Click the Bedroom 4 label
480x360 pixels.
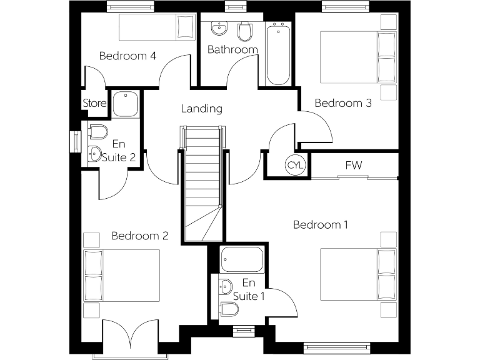click(x=127, y=56)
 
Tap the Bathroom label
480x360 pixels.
click(x=232, y=49)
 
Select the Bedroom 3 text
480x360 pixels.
click(x=342, y=103)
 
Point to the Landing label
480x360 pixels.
click(x=201, y=109)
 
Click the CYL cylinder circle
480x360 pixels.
click(x=295, y=166)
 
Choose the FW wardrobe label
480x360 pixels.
click(x=354, y=166)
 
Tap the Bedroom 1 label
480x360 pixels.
click(x=321, y=224)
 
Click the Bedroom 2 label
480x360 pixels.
click(x=140, y=236)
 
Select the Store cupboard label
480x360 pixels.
click(x=94, y=104)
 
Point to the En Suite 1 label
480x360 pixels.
click(x=249, y=289)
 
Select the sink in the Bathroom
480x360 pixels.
click(x=219, y=29)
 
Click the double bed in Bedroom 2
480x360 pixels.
click(x=122, y=276)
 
